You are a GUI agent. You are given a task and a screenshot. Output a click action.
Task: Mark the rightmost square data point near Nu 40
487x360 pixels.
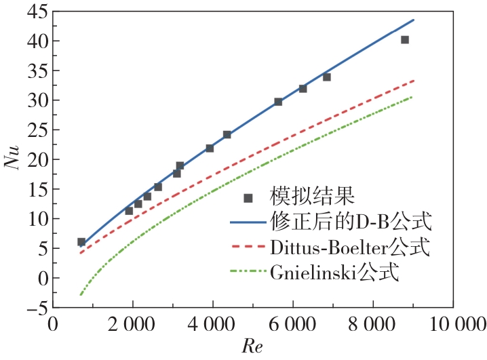[405, 40]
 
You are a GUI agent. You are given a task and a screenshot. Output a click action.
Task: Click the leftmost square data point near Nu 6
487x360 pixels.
[81, 242]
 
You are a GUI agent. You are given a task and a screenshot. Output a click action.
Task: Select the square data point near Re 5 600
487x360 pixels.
[278, 102]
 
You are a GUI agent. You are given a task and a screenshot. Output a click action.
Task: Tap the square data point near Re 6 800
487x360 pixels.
[326, 77]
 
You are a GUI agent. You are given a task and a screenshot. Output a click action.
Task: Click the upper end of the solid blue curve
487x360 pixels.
[413, 20]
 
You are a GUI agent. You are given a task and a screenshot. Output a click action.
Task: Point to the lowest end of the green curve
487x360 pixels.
[81, 295]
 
